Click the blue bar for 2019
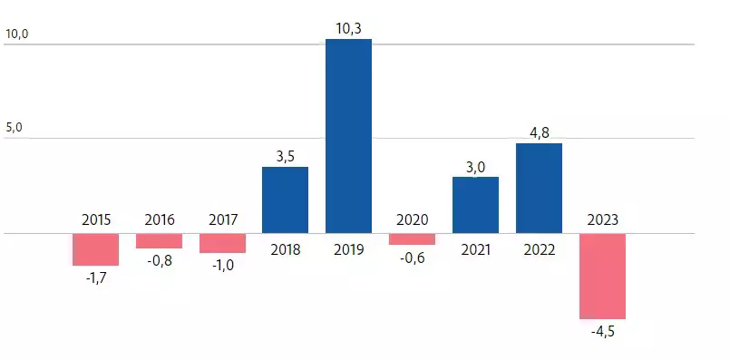[x=348, y=136]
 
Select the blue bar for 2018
[x=285, y=199]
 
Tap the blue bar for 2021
[x=475, y=205]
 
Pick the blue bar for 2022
[x=539, y=188]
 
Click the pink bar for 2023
[x=602, y=276]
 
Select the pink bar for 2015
[x=95, y=249]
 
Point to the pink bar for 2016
[x=159, y=240]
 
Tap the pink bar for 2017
[x=222, y=243]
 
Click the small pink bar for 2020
[x=412, y=238]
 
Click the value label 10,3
[x=348, y=29]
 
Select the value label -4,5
[x=602, y=332]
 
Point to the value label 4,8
[x=539, y=132]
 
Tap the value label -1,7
[x=95, y=277]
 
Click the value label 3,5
[x=285, y=156]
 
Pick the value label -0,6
[x=412, y=257]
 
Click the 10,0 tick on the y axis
[x=17, y=34]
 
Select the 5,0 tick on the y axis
[x=14, y=129]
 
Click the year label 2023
[x=602, y=219]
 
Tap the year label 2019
[x=348, y=248]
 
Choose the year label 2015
[x=96, y=219]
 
